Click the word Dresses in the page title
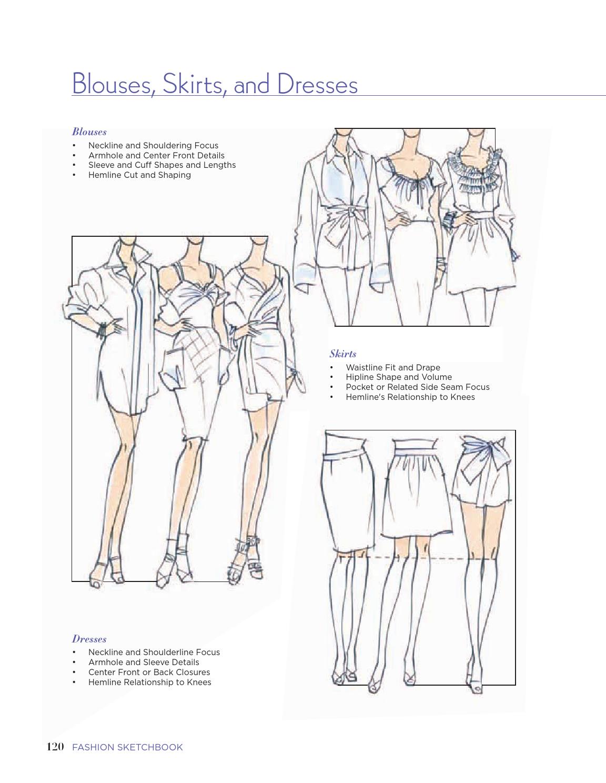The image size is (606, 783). pos(317,84)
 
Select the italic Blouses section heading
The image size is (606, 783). pos(89,132)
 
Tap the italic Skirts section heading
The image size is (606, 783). pos(343,354)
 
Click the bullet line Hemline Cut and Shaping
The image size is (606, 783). pos(140,175)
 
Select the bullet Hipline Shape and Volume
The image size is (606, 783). pos(399,377)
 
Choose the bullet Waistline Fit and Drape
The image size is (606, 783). pos(393,367)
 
